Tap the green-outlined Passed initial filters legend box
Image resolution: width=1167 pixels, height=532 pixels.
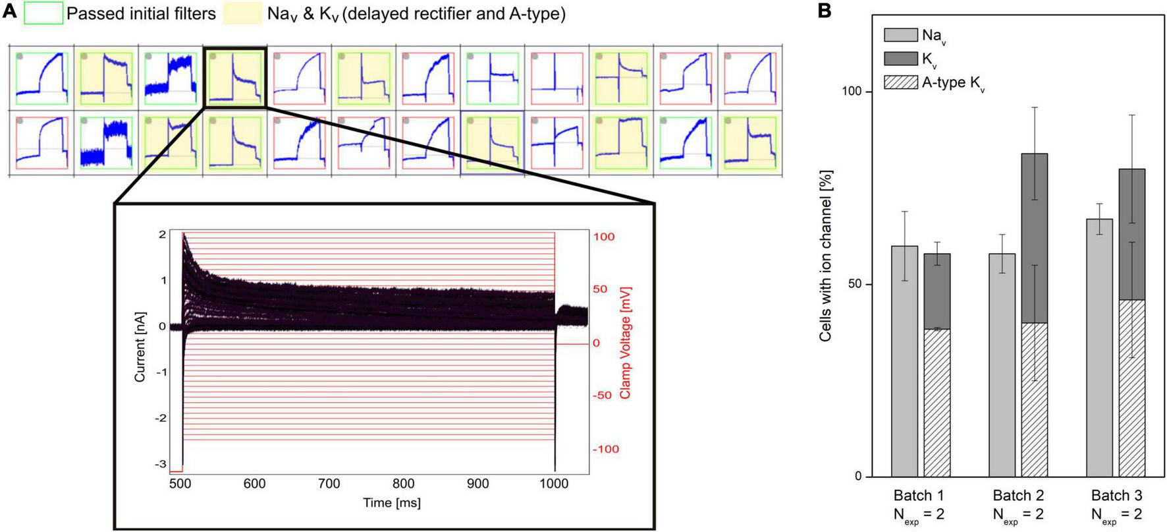tap(43, 13)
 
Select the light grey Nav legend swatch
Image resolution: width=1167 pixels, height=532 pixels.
tap(900, 35)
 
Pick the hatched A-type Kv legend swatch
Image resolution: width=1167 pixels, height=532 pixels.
tap(900, 82)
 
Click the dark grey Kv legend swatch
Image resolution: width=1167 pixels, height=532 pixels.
tap(900, 59)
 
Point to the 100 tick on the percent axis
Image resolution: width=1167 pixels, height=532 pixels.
tap(852, 91)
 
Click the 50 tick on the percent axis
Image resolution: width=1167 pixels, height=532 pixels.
tap(855, 284)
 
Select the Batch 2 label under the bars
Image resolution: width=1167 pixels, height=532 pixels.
tap(1018, 495)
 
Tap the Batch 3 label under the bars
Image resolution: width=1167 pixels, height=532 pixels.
tap(1116, 495)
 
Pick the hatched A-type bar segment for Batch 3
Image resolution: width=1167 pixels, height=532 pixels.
tap(1131, 389)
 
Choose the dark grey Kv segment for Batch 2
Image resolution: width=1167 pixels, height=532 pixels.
tap(1034, 237)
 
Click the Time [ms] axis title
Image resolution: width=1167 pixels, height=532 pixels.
tap(391, 503)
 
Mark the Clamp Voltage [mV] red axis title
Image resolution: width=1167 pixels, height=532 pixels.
tap(625, 342)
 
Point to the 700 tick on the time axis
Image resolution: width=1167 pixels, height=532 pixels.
tap(329, 483)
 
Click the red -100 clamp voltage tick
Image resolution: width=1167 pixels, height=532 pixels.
tap(605, 449)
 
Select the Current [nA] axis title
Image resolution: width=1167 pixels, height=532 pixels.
tap(140, 347)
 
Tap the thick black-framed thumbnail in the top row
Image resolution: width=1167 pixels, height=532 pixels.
tap(235, 78)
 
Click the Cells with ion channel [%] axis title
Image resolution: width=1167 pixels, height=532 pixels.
tap(825, 256)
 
